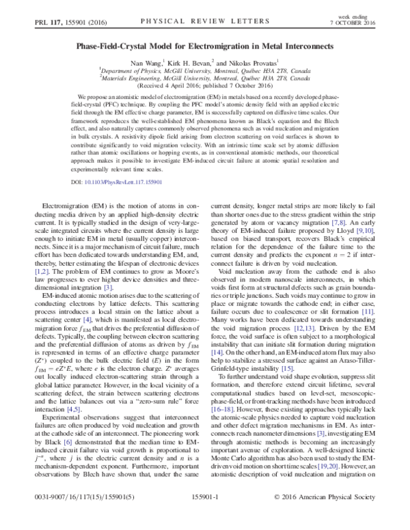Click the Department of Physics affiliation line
click(x=205, y=70)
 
